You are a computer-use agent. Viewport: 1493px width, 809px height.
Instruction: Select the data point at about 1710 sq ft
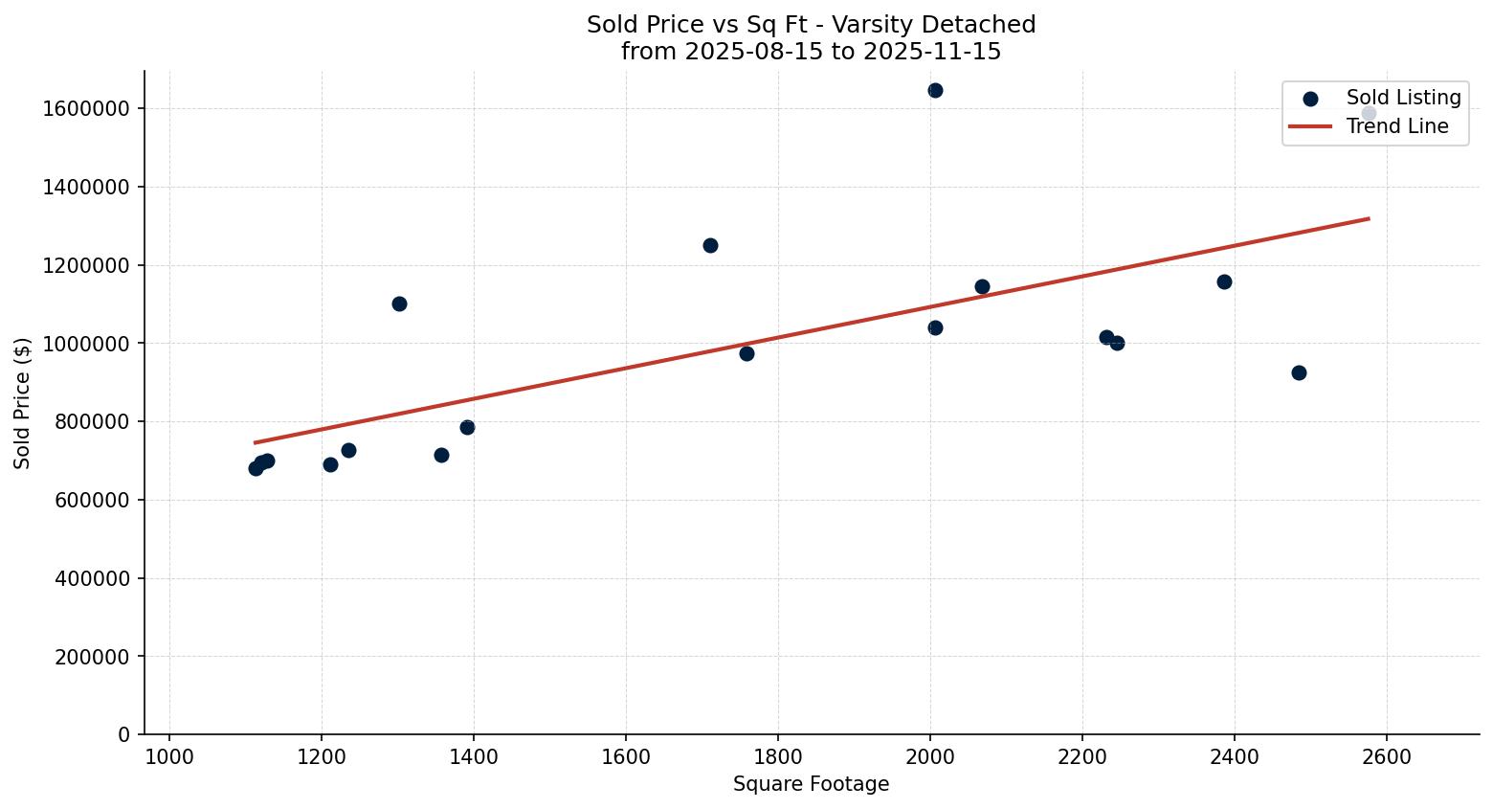pos(710,245)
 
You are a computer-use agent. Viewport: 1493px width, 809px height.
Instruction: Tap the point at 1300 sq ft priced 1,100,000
pos(399,303)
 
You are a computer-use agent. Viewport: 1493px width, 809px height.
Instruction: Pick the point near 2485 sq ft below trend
pos(1299,372)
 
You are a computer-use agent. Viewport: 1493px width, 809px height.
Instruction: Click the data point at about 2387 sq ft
pos(1224,281)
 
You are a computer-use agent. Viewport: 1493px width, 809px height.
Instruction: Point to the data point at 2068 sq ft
pos(982,286)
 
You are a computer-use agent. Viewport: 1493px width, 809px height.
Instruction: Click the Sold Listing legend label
pos(1403,98)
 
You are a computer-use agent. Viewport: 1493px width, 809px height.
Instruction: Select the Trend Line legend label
pos(1397,126)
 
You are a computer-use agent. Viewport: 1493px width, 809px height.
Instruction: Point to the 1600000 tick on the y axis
pos(86,109)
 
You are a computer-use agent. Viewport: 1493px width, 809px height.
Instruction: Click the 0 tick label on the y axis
pos(124,735)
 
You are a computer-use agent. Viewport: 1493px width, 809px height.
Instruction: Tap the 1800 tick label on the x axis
pos(778,757)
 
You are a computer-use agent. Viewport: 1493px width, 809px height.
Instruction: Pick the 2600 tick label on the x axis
pos(1387,757)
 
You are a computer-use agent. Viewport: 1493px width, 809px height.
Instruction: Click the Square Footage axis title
pos(811,785)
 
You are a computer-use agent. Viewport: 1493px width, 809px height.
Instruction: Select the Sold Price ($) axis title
pos(23,403)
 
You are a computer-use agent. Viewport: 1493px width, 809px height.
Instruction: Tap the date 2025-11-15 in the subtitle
pos(931,52)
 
